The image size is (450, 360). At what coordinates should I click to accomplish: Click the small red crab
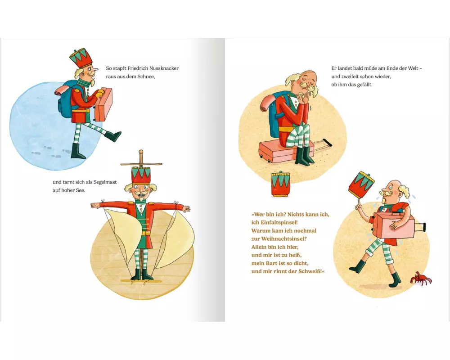[421, 278]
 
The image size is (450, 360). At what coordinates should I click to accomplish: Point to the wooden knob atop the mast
[141, 152]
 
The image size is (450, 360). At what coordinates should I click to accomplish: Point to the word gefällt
[365, 85]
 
